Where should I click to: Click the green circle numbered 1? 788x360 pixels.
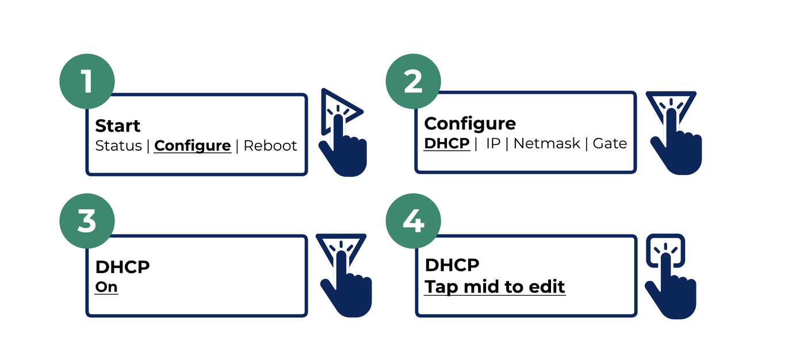87,81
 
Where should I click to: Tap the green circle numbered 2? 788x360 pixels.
413,81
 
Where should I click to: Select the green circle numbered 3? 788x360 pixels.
87,221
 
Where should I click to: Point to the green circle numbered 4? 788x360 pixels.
413,221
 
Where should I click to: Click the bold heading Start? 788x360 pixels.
118,126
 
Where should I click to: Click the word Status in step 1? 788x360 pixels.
118,146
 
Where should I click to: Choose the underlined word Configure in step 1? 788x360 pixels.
193,146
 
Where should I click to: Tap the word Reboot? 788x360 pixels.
270,146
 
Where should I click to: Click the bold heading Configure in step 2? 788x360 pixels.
470,124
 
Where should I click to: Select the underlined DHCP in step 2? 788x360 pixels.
447,144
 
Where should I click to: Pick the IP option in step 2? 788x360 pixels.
493,144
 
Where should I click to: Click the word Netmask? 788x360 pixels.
546,144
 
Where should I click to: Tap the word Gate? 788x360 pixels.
610,144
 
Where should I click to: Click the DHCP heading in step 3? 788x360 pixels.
123,267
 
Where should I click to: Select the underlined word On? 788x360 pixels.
106,287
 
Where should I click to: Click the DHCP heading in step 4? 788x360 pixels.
452,265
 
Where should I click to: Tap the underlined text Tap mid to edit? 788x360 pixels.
495,286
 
